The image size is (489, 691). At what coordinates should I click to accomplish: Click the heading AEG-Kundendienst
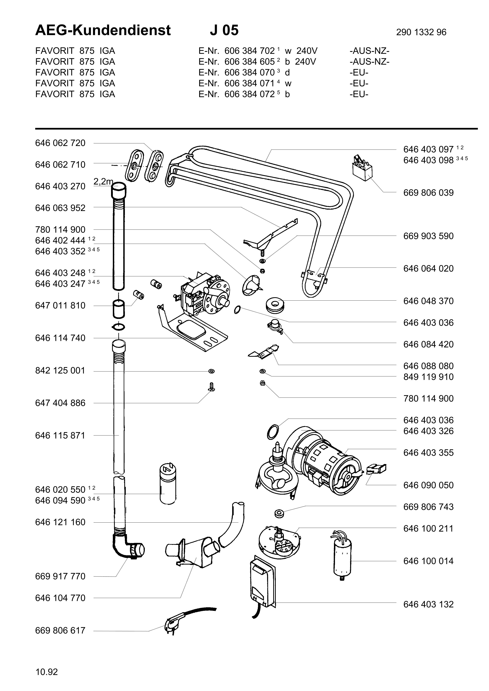(103, 30)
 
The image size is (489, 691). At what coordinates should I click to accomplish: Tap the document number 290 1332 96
(421, 32)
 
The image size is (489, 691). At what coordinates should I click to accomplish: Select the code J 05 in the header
(224, 30)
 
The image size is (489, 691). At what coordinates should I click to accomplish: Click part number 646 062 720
(60, 143)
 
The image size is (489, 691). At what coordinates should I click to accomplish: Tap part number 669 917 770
(60, 576)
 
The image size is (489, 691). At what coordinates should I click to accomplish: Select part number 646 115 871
(60, 436)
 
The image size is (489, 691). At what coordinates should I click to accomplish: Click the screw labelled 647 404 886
(211, 387)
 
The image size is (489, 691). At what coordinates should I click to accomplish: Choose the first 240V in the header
(307, 51)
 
